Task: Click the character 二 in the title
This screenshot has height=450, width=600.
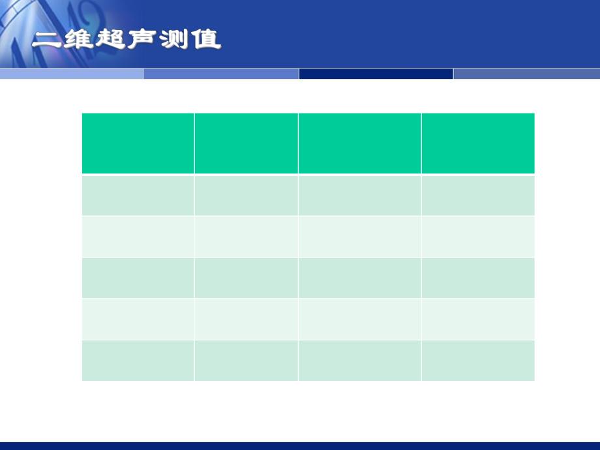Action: coord(48,40)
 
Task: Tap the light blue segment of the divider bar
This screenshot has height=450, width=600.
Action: coord(72,74)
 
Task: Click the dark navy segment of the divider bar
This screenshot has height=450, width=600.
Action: coord(376,74)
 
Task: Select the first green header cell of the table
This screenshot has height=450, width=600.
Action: coord(138,143)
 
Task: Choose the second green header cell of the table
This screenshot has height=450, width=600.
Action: coord(246,143)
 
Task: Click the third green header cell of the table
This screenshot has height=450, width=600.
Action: coord(359,143)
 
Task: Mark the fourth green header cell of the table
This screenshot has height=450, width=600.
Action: coord(478,143)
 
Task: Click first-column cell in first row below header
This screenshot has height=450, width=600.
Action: coord(138,195)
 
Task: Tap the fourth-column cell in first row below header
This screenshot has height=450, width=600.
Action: coord(478,195)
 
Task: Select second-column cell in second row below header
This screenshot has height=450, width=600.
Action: coord(246,236)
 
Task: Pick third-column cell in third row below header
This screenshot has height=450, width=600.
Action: coord(359,278)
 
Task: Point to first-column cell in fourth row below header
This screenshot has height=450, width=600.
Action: coord(138,319)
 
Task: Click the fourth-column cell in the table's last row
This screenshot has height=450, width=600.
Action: coord(478,360)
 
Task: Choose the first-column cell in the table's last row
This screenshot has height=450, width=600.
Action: coord(138,360)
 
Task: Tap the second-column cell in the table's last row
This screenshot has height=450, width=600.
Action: coord(246,360)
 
